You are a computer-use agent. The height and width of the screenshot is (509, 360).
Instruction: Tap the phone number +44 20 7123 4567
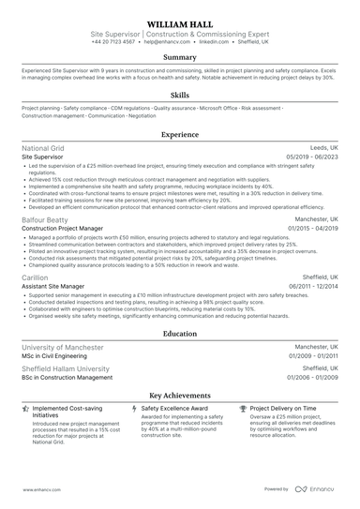click(113, 42)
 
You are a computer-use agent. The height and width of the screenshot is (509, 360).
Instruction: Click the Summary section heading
click(179, 57)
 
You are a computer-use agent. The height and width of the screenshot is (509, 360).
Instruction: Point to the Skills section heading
click(179, 95)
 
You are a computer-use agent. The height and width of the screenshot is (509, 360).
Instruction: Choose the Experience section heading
click(179, 135)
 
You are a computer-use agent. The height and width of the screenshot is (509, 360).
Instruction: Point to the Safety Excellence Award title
click(174, 409)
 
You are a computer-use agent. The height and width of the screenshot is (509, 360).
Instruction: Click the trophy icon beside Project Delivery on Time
click(244, 409)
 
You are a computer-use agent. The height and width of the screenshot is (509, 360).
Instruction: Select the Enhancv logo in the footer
click(318, 488)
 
